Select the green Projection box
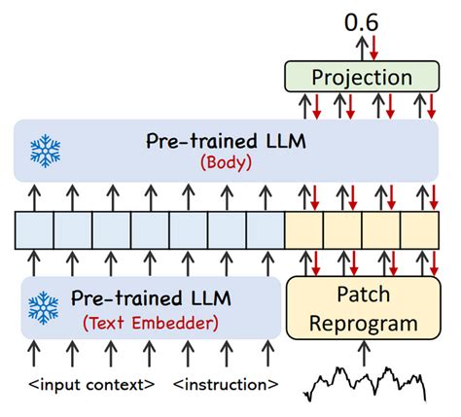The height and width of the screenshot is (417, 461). [362, 77]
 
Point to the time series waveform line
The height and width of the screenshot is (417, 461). [365, 382]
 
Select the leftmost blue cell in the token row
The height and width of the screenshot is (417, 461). [34, 231]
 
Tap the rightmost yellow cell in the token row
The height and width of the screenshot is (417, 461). [419, 231]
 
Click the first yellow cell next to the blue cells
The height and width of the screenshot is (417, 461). [303, 231]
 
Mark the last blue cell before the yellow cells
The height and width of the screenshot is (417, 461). [265, 231]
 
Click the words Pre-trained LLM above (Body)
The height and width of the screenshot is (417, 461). [226, 142]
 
